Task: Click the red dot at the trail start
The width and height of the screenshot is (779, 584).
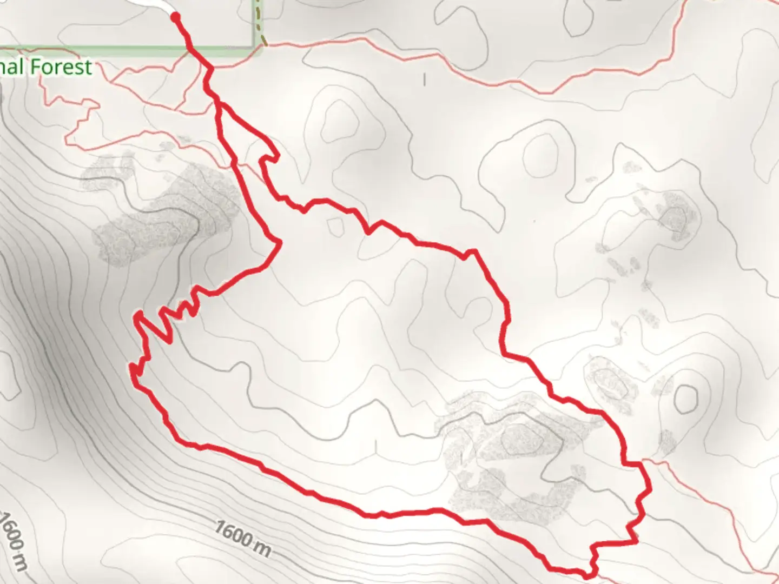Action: point(175,17)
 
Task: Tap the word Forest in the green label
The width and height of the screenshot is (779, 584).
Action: point(61,67)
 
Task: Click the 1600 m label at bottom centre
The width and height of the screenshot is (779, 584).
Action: point(242,537)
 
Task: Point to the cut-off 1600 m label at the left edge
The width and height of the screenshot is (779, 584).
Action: point(12,541)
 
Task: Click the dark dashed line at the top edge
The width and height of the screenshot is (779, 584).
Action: point(260,22)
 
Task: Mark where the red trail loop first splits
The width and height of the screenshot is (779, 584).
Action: point(218,102)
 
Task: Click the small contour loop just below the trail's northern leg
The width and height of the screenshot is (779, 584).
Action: point(335,226)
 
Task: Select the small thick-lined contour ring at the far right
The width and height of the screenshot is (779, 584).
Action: point(686,397)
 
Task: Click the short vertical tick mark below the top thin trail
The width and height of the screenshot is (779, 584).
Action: point(425,79)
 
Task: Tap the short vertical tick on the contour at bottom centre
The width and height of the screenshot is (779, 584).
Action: point(376,447)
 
